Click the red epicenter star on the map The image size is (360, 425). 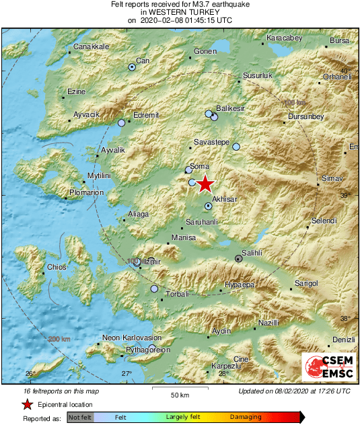point(205,184)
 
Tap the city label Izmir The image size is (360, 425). point(153,261)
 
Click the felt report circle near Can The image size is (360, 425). point(133,67)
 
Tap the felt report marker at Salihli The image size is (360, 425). point(238,258)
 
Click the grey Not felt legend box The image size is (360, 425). point(80,418)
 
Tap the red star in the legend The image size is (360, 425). point(27,404)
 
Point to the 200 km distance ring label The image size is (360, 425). point(59,339)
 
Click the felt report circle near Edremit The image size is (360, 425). point(122,123)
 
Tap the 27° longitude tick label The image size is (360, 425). point(127,373)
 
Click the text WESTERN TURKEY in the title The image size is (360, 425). point(180,12)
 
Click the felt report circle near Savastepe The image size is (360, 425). point(236,146)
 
